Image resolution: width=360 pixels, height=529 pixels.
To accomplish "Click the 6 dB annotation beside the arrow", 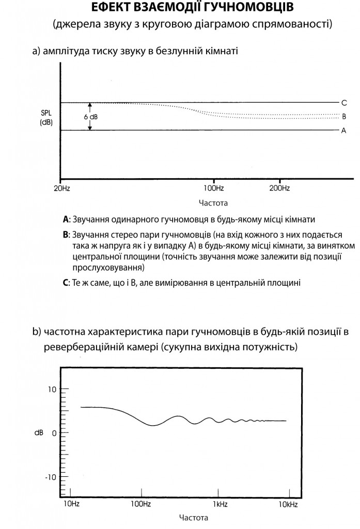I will tap(91, 117).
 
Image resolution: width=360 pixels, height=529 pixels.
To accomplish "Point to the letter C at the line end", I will tap(343, 102).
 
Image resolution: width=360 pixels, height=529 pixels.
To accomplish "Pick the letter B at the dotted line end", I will tap(343, 116).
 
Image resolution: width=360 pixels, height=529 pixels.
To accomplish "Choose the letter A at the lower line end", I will tap(343, 131).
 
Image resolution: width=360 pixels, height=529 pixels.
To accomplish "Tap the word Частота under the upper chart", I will tap(213, 203).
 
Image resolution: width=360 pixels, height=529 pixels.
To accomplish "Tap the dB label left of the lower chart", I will tap(39, 433).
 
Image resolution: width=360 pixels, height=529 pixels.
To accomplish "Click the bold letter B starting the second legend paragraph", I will tap(66, 234).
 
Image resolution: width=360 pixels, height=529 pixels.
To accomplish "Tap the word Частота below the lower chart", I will tap(194, 517).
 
